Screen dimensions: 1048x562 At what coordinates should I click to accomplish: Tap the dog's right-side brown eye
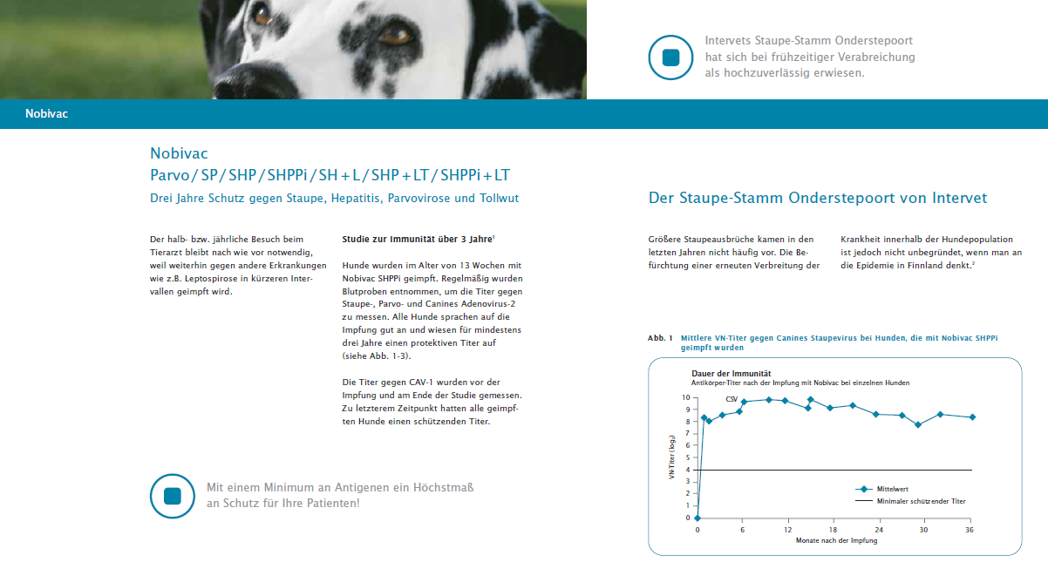395,36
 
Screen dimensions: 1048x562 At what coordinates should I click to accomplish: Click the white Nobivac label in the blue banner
47,113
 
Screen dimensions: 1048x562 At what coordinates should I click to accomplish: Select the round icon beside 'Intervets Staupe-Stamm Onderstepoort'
670,58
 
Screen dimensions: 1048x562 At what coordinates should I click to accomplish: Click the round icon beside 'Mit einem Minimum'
172,496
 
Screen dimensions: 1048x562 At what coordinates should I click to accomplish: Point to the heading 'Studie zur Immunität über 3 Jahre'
419,239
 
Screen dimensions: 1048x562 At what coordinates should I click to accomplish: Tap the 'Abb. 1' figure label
660,338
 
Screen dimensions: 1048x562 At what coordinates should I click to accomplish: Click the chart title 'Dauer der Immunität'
732,374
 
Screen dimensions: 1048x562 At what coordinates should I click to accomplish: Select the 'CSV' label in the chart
732,399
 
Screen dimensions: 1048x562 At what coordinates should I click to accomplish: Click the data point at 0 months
698,518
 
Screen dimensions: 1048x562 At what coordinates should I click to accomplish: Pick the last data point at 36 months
972,417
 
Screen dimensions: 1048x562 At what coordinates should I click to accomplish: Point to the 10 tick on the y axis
686,398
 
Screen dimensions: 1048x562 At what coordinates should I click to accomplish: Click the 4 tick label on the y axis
688,470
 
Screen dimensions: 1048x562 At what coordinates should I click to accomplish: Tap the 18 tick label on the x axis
833,530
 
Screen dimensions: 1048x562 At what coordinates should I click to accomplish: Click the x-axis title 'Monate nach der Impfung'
836,540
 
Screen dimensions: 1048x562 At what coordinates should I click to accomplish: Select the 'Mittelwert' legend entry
881,489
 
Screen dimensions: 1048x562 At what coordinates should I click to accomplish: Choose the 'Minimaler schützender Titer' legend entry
910,501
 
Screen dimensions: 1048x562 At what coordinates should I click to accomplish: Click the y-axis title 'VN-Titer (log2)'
672,457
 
